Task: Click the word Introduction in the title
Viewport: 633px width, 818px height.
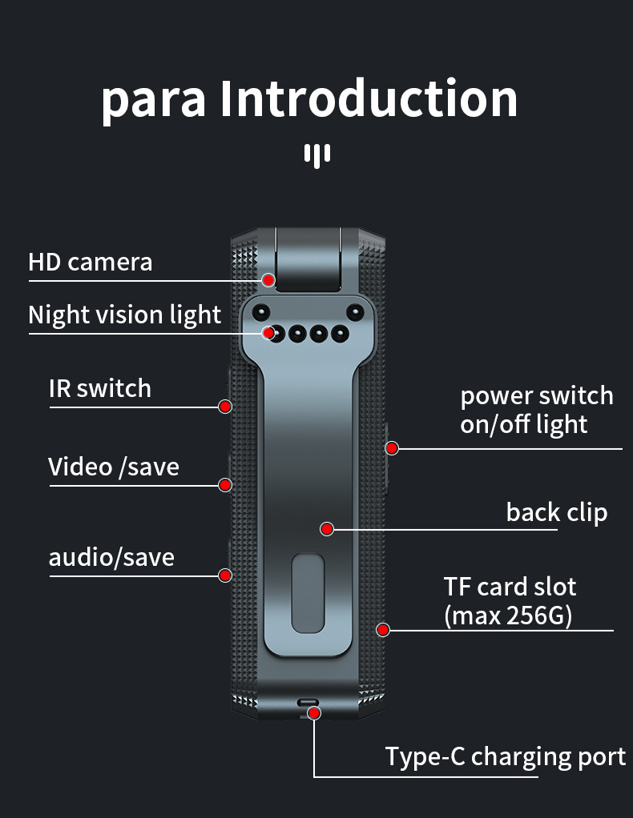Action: [x=369, y=98]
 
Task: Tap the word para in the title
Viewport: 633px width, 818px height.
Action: [x=154, y=103]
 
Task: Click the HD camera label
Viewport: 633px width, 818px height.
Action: [x=91, y=263]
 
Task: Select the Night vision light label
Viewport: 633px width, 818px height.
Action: [x=125, y=315]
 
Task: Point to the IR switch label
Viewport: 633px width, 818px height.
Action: [x=100, y=389]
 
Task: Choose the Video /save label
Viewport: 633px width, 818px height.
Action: [x=114, y=467]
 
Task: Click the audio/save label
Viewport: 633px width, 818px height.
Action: [x=111, y=557]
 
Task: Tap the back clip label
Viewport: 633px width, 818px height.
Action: [x=557, y=512]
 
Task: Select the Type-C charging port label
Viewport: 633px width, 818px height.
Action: [x=506, y=757]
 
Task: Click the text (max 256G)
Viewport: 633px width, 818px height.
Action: [x=508, y=616]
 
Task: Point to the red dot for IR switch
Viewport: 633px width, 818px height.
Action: [x=225, y=407]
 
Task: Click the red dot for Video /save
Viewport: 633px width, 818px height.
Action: [x=225, y=485]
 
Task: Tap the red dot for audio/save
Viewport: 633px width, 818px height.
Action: [x=225, y=575]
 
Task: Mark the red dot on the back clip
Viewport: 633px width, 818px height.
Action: [x=327, y=530]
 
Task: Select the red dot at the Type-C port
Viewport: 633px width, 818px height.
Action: [x=314, y=713]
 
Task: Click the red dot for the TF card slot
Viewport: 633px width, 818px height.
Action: [x=383, y=630]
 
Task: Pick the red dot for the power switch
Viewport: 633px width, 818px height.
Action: [x=392, y=448]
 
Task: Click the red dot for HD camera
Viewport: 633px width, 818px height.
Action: [x=268, y=280]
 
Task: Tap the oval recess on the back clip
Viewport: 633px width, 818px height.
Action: [x=308, y=594]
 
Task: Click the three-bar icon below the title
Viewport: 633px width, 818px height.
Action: [x=317, y=156]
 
